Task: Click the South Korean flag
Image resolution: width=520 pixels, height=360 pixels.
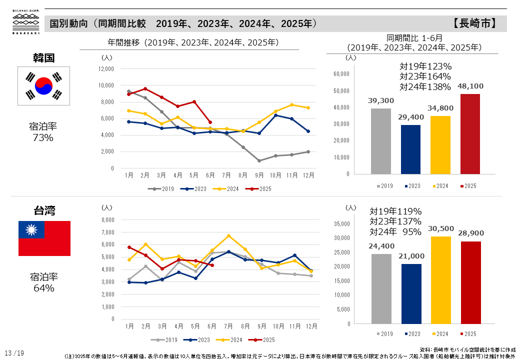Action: (44, 86)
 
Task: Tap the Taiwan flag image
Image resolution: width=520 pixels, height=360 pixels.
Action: (44, 238)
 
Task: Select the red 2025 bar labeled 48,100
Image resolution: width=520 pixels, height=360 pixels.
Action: (469, 134)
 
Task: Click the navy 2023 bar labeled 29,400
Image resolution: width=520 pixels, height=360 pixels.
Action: (410, 149)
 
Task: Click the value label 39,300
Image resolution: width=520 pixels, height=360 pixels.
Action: (381, 100)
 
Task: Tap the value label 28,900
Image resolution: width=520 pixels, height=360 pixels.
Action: (470, 233)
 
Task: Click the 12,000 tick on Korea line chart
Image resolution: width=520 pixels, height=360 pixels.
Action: (106, 69)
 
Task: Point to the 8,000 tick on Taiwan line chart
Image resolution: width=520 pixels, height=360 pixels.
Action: (108, 219)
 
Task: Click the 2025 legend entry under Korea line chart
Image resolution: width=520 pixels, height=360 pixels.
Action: (258, 189)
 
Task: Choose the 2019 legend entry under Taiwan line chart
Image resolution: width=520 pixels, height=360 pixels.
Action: (167, 339)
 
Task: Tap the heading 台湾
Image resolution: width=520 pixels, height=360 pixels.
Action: (44, 210)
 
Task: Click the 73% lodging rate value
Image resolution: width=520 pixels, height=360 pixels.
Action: (43, 137)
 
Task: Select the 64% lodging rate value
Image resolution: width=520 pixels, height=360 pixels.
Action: (44, 288)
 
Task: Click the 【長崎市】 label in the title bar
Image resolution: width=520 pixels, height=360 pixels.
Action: (474, 23)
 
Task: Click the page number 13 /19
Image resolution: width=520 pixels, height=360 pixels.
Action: (14, 353)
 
